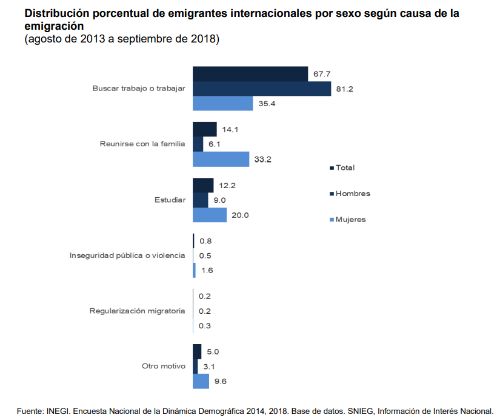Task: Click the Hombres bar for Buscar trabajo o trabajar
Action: coord(262,89)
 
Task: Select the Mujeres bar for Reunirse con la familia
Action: coord(221,159)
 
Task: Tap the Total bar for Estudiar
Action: coord(203,185)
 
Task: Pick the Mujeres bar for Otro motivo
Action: coord(201,381)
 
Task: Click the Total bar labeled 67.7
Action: coord(250,73)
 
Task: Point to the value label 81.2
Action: coord(344,89)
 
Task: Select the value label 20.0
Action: coord(240,215)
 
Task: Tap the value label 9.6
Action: coord(220,382)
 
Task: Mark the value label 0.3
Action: coord(205,326)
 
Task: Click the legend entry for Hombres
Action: coord(352,194)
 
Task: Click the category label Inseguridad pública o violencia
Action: coord(127,256)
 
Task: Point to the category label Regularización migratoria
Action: coord(137,311)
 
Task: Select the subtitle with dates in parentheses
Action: coord(121,39)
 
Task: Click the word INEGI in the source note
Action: coord(58,411)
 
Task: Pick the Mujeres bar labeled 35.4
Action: coord(222,104)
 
